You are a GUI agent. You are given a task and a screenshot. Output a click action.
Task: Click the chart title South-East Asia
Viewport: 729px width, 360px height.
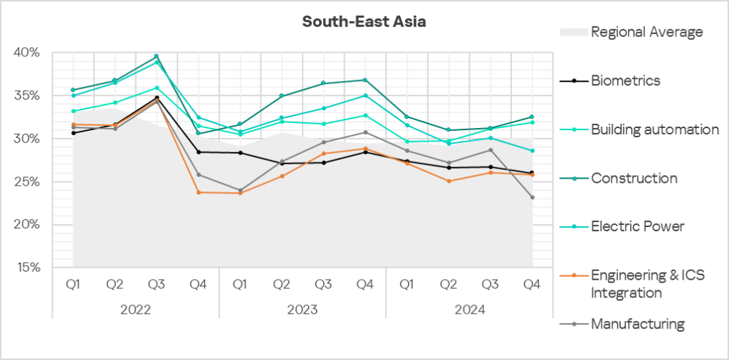[x=364, y=22]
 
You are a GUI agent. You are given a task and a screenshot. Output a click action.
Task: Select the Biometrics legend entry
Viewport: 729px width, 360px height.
[x=625, y=80]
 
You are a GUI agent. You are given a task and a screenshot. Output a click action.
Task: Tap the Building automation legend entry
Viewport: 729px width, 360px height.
[x=654, y=129]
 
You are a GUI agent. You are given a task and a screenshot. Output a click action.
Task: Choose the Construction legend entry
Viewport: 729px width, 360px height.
[x=634, y=178]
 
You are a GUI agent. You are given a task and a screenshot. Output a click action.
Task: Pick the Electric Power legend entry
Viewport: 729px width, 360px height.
[x=637, y=226]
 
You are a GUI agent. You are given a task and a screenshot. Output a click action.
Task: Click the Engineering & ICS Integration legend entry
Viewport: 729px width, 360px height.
[x=647, y=284]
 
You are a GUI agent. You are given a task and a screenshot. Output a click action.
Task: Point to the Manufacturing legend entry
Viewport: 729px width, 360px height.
[x=637, y=324]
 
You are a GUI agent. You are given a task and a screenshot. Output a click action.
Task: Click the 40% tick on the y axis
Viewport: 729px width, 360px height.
[x=28, y=53]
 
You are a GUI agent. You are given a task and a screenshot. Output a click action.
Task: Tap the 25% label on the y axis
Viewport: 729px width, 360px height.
[x=28, y=181]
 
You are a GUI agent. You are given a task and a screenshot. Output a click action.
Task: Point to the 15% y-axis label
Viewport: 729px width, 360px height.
[x=28, y=268]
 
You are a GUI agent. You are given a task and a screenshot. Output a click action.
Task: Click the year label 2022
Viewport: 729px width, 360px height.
[x=135, y=309]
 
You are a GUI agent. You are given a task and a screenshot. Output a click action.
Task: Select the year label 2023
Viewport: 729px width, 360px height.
[x=303, y=309]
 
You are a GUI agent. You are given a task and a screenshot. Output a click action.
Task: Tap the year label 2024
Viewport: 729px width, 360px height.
[x=470, y=309]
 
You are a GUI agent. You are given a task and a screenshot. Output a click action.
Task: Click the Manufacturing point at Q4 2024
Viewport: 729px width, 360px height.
[x=532, y=197]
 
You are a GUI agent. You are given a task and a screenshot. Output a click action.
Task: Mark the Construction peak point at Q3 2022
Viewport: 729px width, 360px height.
[x=156, y=56]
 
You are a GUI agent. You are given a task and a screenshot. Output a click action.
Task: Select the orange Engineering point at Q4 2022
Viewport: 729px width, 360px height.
[x=198, y=192]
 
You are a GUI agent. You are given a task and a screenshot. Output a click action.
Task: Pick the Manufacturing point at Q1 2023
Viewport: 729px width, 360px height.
[x=240, y=190]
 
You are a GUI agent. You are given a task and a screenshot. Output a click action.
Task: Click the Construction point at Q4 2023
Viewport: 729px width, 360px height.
[x=365, y=80]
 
